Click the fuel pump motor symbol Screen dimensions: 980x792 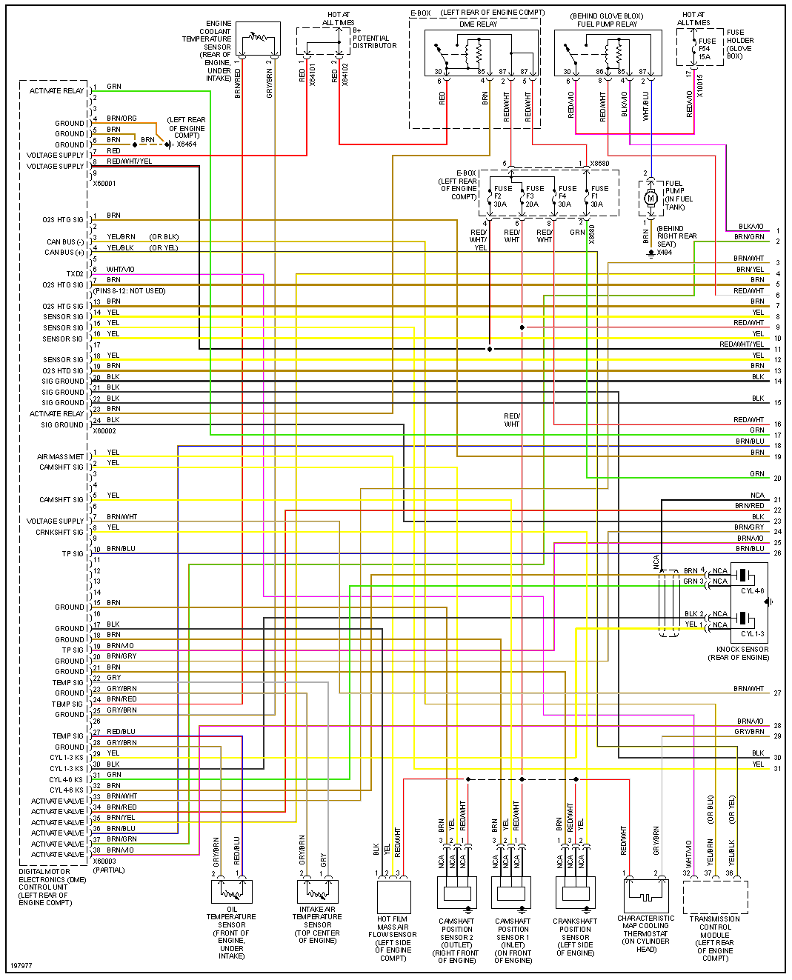pos(651,198)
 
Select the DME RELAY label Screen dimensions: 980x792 pos(478,24)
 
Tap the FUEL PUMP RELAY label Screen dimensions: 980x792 pos(607,24)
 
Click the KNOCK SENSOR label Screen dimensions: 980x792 pos(742,650)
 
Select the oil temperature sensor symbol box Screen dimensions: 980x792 pos(232,890)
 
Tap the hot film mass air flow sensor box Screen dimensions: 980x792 pos(393,896)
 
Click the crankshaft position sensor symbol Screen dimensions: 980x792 pos(575,893)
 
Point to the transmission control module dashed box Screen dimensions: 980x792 pos(715,897)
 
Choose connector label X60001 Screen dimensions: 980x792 pos(104,183)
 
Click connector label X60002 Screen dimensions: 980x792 pos(104,430)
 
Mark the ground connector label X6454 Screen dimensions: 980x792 pos(186,144)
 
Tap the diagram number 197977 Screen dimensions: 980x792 pos(21,966)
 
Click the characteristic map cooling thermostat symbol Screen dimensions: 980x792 pos(645,895)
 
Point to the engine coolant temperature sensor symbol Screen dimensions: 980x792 pos(257,39)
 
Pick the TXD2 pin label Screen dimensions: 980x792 pos(75,274)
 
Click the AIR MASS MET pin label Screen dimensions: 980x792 pos(61,457)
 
